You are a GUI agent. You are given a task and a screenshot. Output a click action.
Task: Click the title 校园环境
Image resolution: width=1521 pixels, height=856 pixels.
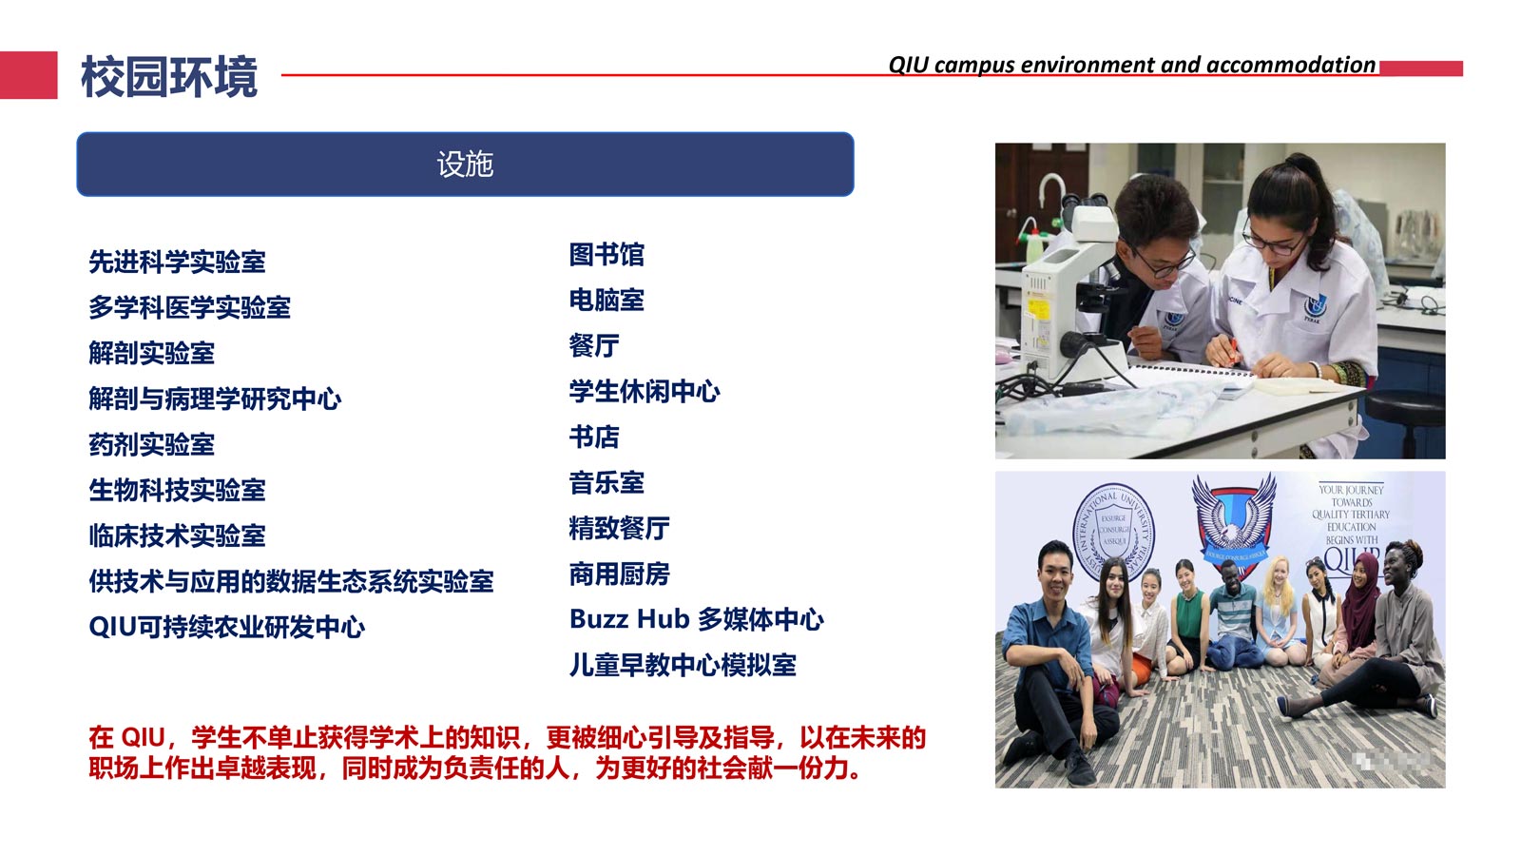tap(169, 77)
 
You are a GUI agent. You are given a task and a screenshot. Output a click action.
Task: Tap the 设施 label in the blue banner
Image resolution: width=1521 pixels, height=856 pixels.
tap(465, 165)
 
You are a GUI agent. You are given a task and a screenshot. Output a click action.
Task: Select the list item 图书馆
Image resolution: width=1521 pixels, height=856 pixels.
tap(606, 255)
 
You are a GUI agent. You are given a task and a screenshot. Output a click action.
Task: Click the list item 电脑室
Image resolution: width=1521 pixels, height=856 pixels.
tap(606, 301)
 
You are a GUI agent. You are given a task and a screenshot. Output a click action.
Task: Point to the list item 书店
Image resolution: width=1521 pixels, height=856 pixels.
tap(594, 438)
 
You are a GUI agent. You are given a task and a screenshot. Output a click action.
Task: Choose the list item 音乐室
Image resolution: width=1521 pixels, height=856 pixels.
tap(606, 483)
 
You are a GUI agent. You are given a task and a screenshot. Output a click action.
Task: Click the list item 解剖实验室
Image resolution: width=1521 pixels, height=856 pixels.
tap(151, 353)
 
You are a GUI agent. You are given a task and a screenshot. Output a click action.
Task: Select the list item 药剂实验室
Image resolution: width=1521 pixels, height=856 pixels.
tap(151, 445)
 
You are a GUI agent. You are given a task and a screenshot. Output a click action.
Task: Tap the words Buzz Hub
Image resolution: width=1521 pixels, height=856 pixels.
tap(629, 619)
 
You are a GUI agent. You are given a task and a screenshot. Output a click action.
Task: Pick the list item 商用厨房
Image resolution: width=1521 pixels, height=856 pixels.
tap(619, 574)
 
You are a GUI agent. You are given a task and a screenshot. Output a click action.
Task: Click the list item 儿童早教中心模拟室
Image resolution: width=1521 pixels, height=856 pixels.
tap(683, 666)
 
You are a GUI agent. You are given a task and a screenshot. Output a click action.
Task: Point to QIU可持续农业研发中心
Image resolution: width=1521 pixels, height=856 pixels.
tap(227, 627)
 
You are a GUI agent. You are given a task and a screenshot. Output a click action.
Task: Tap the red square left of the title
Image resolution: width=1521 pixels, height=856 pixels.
tap(29, 75)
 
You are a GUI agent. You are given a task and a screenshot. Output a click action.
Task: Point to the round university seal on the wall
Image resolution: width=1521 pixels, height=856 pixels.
tap(1112, 532)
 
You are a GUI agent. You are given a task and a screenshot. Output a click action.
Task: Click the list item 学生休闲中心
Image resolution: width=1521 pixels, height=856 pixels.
tap(645, 392)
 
